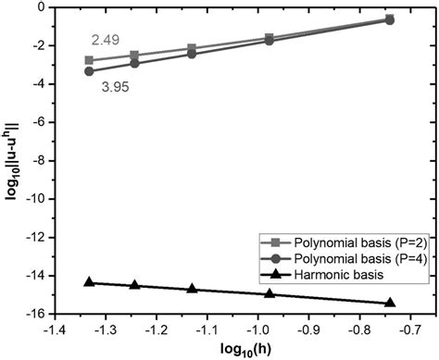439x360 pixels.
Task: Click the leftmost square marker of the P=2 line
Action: [x=89, y=60]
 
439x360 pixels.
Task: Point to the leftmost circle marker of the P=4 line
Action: [x=89, y=71]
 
